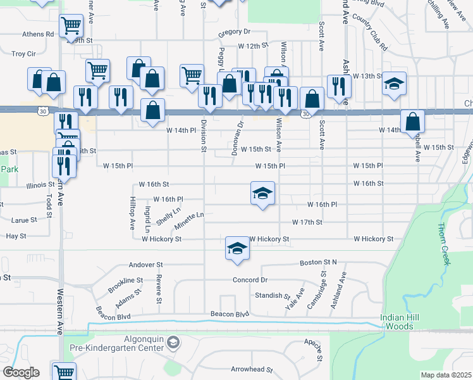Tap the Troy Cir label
tap(23, 54)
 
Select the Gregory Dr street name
tap(235, 32)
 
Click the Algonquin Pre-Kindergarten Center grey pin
tap(174, 343)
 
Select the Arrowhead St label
tap(252, 369)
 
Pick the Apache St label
tap(314, 350)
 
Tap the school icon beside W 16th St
tap(262, 193)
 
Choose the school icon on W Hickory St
tap(236, 248)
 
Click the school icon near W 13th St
tap(394, 84)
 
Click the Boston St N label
tap(319, 263)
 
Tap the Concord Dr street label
tap(250, 280)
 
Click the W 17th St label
tap(307, 222)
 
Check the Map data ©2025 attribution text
tap(446, 375)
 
